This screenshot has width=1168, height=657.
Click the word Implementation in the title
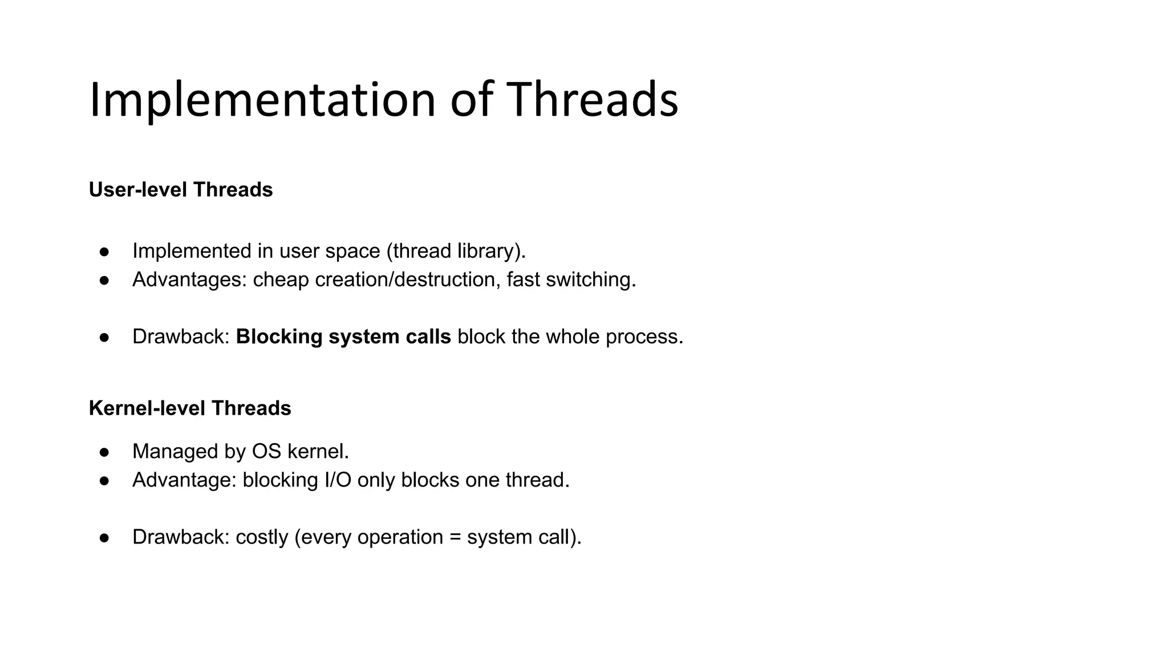(x=262, y=100)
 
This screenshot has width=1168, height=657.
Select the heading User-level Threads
(x=181, y=190)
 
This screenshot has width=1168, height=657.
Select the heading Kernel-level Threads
(x=190, y=408)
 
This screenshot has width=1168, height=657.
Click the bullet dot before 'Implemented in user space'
(x=104, y=252)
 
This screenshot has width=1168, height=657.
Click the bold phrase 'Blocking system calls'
(x=343, y=336)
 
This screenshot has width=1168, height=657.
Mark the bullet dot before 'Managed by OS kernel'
(x=104, y=452)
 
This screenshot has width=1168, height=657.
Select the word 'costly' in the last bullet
(x=262, y=537)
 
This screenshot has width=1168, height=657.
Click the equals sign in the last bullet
(x=455, y=537)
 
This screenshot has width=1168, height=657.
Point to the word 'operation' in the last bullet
(x=400, y=537)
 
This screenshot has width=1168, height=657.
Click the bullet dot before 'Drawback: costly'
(x=104, y=538)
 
